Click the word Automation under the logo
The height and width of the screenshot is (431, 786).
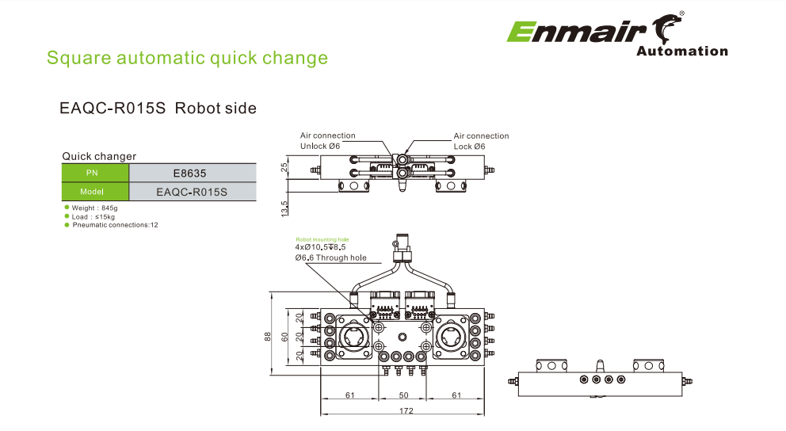coord(681,51)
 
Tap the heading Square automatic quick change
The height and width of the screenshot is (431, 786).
coord(187,58)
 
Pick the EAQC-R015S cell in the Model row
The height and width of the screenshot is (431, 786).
coord(192,192)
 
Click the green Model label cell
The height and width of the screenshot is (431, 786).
coord(94,192)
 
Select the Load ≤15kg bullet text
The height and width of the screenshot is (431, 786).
coord(93,216)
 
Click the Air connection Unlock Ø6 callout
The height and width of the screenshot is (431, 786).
coord(327,141)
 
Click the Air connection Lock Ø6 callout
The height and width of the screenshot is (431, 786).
coord(480,141)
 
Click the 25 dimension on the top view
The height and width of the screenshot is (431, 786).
coord(284,167)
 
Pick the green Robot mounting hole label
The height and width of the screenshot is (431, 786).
coord(321,239)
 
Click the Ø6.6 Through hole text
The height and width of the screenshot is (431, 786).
coord(330,257)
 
